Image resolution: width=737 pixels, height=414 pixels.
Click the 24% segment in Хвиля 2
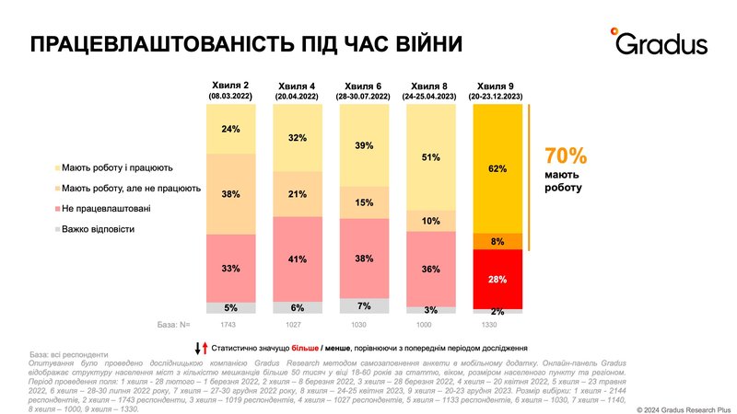(231, 129)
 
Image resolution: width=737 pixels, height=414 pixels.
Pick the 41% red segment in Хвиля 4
(298, 259)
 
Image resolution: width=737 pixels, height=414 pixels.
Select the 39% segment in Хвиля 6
(364, 145)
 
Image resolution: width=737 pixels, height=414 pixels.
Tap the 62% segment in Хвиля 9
(497, 168)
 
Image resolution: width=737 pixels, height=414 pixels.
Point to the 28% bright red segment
(497, 278)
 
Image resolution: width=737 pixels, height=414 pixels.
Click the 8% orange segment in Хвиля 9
(497, 241)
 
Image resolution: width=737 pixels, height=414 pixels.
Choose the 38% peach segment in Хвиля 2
(231, 194)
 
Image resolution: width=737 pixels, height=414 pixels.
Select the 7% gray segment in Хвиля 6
(364, 305)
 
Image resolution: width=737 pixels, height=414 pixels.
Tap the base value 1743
(231, 326)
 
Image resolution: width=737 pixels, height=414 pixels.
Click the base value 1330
(497, 326)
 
